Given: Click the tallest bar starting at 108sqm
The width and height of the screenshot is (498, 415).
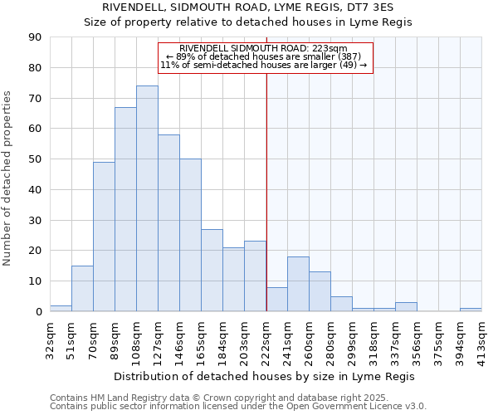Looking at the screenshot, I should pyautogui.click(x=147, y=198).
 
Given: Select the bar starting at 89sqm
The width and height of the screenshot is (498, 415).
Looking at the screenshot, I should pyautogui.click(x=125, y=209).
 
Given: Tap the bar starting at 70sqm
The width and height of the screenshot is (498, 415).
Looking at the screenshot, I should pyautogui.click(x=104, y=237).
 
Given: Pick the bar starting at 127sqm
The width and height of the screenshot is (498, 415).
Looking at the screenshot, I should pyautogui.click(x=168, y=222).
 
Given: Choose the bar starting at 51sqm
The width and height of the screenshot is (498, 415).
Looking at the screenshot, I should pyautogui.click(x=82, y=288).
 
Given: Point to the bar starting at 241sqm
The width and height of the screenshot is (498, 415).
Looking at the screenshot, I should pyautogui.click(x=298, y=284).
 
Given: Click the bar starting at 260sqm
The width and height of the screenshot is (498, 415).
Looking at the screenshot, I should pyautogui.click(x=320, y=291).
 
